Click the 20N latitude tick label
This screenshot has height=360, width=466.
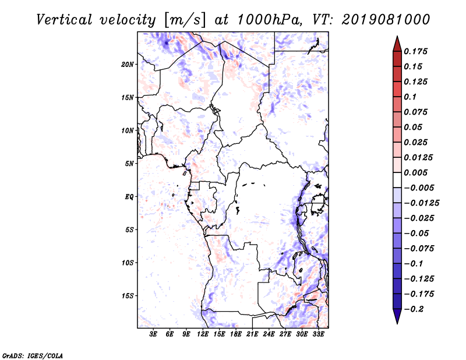point(128,65)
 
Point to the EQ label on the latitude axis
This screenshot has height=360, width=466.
point(129,197)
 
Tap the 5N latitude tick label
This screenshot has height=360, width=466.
point(129,164)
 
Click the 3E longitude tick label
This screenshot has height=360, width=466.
point(153,334)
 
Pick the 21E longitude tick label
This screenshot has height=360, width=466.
point(252,334)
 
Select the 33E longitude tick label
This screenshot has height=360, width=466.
point(318,334)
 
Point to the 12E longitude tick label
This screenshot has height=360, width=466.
point(203,334)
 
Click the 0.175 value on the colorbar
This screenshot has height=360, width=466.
point(415,51)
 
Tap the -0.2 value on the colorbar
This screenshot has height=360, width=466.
point(414,309)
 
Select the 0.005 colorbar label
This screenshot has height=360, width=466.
point(415,172)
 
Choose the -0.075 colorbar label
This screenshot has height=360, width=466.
point(419,249)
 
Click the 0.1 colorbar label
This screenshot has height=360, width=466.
point(410,97)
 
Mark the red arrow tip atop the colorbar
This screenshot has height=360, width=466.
point(397,36)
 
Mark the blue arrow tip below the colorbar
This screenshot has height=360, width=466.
point(397,323)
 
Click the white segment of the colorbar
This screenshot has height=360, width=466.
point(397,180)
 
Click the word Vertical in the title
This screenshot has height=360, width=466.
point(64,20)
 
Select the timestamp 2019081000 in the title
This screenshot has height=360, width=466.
point(386,20)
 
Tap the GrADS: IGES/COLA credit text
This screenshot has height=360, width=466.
point(33,356)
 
